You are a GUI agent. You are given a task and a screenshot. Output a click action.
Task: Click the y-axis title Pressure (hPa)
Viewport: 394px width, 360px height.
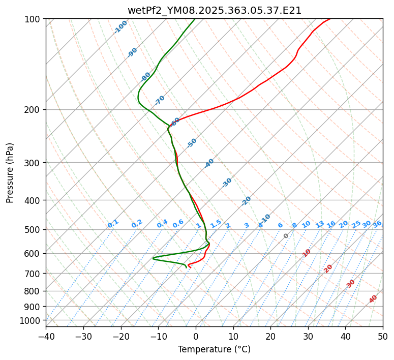click(10, 172)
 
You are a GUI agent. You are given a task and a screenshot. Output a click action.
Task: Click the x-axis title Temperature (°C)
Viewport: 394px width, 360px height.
click(214, 349)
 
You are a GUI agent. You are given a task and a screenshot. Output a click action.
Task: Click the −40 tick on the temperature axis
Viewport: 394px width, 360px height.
click(46, 336)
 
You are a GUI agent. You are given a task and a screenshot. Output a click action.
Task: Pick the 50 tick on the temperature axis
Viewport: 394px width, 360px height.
click(383, 336)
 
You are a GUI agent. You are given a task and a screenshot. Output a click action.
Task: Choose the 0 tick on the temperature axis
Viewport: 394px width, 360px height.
click(196, 336)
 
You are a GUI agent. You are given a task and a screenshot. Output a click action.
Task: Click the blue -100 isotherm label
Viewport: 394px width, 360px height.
click(120, 27)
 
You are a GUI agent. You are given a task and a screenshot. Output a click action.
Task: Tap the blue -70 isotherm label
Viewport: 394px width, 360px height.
click(160, 100)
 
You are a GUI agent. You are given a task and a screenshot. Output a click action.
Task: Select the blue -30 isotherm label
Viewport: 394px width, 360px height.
click(227, 183)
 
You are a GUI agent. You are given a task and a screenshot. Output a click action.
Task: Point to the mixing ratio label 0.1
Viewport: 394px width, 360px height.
click(113, 224)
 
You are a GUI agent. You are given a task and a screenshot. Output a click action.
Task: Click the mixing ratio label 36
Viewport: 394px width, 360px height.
click(377, 224)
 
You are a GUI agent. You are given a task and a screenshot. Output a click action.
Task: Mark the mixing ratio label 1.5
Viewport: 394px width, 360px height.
click(216, 224)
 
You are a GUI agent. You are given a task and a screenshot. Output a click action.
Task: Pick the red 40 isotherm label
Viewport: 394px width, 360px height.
click(373, 299)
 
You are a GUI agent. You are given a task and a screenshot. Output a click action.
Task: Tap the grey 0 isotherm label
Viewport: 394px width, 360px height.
click(286, 236)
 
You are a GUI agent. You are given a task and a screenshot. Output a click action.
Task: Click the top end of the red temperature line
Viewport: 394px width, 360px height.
click(330, 19)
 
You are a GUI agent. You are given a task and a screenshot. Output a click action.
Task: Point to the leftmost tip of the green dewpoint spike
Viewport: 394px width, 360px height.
click(153, 258)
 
